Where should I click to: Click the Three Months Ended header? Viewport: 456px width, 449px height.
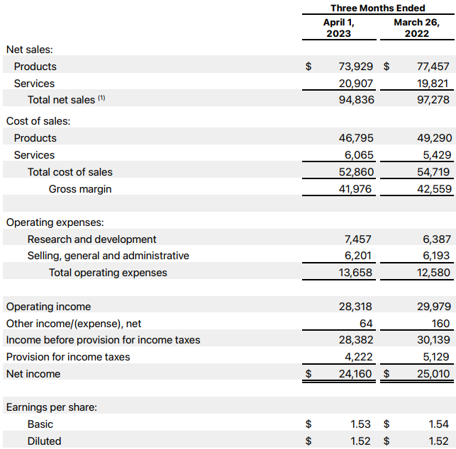[377, 8]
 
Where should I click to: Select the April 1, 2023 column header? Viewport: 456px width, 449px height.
[338, 28]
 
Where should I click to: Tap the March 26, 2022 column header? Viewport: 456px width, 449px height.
[416, 28]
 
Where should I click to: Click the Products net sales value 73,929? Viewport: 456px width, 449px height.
[357, 67]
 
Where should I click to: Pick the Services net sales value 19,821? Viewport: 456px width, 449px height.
[433, 84]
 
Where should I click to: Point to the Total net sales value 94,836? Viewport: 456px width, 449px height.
[357, 100]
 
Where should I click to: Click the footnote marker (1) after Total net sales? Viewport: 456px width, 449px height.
[101, 98]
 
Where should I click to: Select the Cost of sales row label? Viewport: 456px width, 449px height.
[38, 121]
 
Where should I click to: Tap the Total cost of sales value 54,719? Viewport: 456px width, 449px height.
[433, 172]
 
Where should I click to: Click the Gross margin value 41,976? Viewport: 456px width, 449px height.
[357, 189]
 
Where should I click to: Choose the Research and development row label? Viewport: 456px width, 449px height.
[92, 239]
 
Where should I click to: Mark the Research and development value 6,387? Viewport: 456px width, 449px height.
[435, 239]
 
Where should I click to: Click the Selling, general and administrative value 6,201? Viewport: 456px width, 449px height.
[358, 256]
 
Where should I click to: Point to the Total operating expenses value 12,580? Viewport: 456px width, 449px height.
[433, 273]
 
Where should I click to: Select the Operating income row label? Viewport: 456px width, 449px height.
[48, 307]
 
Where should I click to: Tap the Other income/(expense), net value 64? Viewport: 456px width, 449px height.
[366, 324]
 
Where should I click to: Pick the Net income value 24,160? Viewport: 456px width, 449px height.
[357, 374]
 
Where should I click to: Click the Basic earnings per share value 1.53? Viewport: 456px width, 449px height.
[362, 424]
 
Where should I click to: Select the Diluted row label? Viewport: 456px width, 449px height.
[45, 441]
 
